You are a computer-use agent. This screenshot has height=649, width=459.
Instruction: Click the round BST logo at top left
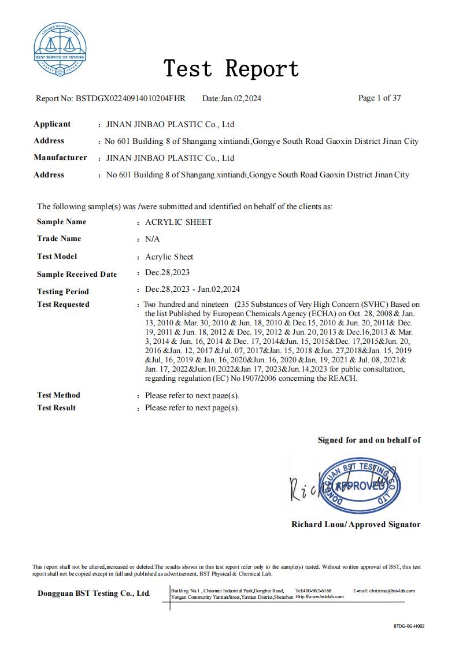point(60,50)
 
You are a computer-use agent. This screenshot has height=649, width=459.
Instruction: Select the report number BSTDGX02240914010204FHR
point(130,98)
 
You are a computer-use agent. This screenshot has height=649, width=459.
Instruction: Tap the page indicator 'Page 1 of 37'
point(379,98)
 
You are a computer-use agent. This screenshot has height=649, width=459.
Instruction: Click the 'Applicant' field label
point(52,124)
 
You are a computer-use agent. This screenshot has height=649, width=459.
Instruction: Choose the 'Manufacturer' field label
point(60,158)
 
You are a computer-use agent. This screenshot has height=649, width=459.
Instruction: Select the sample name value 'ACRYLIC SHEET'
point(178,222)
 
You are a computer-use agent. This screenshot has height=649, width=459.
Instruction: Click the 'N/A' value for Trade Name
point(152,239)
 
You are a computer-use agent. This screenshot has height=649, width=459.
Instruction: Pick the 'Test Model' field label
point(57,256)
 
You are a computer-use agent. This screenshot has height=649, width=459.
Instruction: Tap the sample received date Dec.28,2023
point(167,273)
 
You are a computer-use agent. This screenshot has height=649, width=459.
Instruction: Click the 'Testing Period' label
point(62,291)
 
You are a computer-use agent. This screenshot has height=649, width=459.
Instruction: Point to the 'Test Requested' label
point(63,305)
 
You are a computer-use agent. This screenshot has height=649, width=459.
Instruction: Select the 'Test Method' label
point(58,395)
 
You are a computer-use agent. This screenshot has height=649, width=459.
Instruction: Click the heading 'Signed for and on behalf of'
point(369,440)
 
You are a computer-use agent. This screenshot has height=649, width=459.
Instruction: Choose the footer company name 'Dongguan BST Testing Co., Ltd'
point(94,594)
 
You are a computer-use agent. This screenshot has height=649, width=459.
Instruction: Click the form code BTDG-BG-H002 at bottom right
point(409,626)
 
